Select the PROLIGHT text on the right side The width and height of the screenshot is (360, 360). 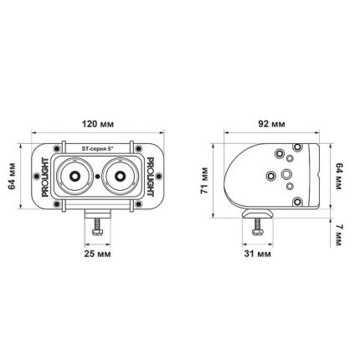[152, 177]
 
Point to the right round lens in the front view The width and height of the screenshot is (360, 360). [121, 177]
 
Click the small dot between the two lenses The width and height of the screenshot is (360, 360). [98, 177]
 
